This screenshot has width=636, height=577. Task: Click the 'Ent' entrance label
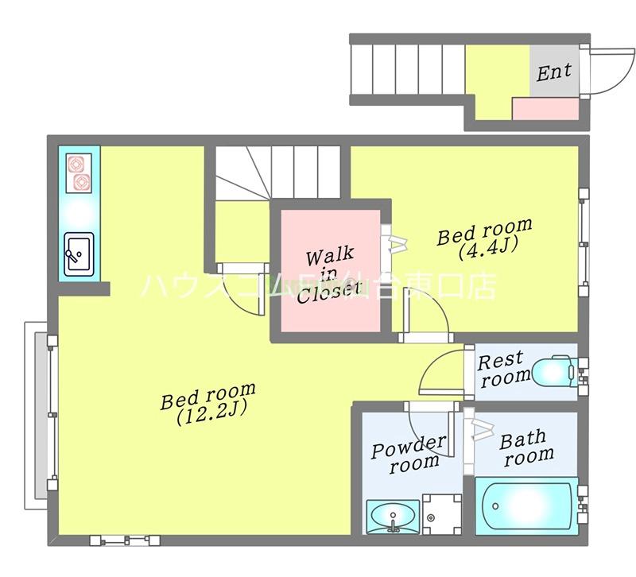tap(553, 72)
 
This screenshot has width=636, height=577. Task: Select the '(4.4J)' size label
tap(488, 249)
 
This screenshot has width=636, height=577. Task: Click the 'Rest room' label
tap(503, 369)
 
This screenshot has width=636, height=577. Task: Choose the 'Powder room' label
tap(409, 454)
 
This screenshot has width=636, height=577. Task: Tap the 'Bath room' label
tap(526, 449)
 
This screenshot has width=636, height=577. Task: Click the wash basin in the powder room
tap(393, 517)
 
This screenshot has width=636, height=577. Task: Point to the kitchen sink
tap(79, 254)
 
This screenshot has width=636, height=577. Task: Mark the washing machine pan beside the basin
tap(442, 514)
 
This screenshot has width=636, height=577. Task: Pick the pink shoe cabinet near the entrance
tap(545, 108)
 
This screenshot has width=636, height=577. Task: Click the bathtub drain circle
tap(495, 506)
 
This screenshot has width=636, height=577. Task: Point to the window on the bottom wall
tap(125, 540)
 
